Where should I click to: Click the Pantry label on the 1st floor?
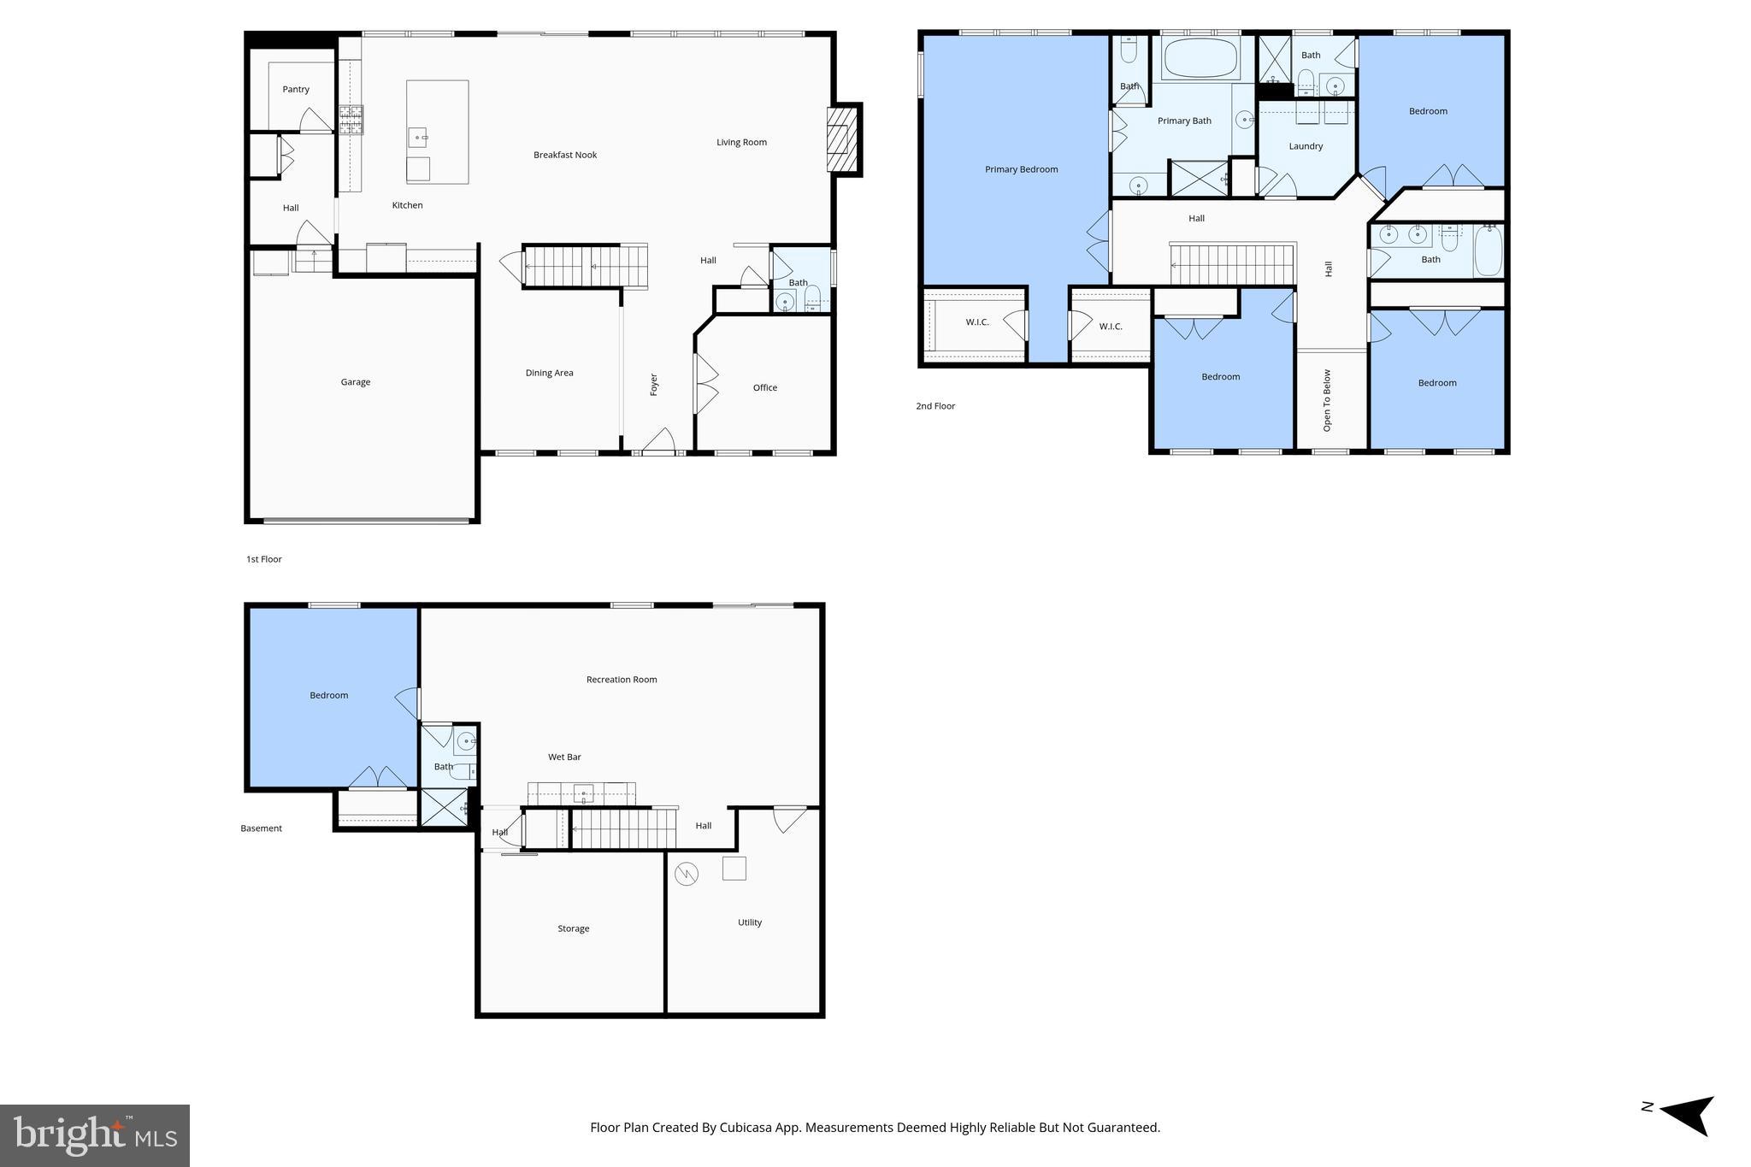tap(296, 90)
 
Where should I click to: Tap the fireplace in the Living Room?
tap(841, 139)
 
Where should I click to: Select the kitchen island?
tap(437, 132)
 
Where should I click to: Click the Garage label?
tap(356, 382)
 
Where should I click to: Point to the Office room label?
tap(764, 388)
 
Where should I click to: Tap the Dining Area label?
tap(549, 373)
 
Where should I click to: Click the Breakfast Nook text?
tap(564, 156)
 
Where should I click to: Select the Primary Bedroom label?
tap(1021, 169)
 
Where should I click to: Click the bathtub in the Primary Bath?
tap(1200, 58)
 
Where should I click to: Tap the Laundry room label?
tap(1305, 146)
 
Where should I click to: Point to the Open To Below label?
tap(1327, 400)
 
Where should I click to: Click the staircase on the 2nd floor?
tap(1231, 265)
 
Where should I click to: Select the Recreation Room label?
tap(621, 680)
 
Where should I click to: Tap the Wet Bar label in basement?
tap(564, 757)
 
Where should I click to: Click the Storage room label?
tap(573, 928)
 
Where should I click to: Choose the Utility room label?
tap(749, 922)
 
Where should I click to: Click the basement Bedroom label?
tap(328, 696)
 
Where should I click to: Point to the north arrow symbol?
tap(1687, 1114)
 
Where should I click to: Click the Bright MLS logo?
tap(95, 1135)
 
